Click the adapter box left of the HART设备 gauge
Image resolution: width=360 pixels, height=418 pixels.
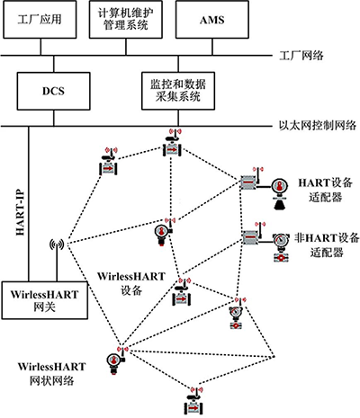248,183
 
